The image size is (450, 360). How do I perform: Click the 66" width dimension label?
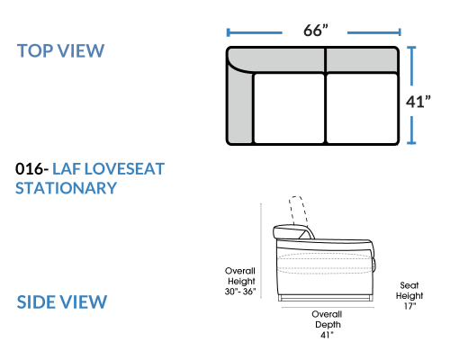click(x=316, y=31)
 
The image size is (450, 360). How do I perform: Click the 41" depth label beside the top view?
click(x=418, y=102)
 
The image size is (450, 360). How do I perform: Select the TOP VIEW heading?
click(x=60, y=50)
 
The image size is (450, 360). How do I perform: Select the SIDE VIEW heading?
click(x=62, y=301)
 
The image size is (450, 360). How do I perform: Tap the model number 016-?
click(x=32, y=168)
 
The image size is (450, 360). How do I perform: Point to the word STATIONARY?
click(x=66, y=188)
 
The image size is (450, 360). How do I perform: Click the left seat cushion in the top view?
click(x=289, y=108)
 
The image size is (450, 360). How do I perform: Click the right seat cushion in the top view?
click(x=362, y=108)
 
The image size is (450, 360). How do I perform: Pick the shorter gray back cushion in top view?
click(x=362, y=60)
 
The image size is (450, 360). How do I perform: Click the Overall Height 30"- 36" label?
click(x=240, y=281)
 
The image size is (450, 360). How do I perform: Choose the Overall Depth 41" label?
click(x=328, y=325)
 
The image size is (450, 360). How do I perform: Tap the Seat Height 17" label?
click(x=409, y=295)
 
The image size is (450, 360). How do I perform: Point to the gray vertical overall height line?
click(x=261, y=251)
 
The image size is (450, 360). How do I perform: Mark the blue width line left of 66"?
click(x=255, y=32)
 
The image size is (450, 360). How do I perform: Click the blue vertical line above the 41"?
click(x=411, y=66)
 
